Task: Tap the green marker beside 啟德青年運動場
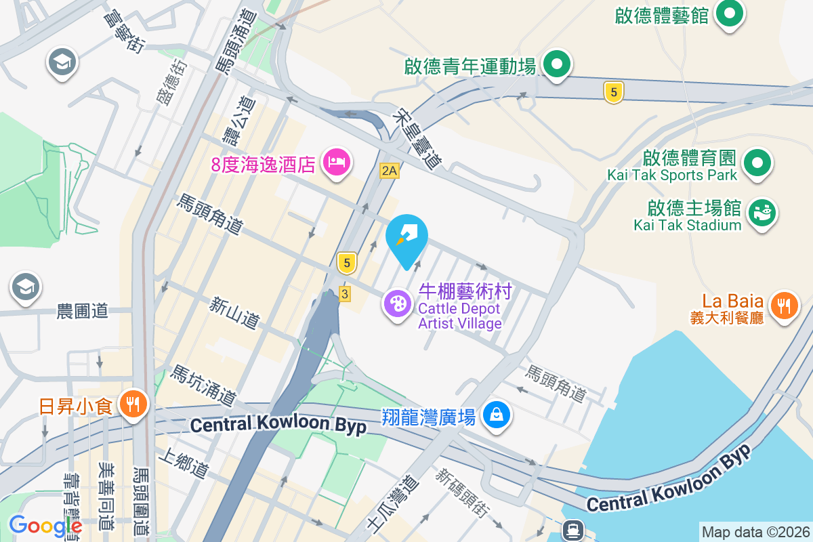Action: click(x=557, y=66)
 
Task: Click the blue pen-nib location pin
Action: click(x=406, y=237)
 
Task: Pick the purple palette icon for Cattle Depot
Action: click(x=397, y=303)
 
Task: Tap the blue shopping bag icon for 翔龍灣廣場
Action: click(x=497, y=413)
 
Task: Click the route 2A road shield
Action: click(x=389, y=171)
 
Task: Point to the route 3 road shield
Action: click(x=345, y=293)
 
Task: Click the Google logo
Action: click(x=45, y=525)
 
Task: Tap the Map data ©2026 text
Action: click(x=755, y=532)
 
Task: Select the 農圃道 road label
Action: click(x=83, y=311)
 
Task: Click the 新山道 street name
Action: click(x=235, y=314)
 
